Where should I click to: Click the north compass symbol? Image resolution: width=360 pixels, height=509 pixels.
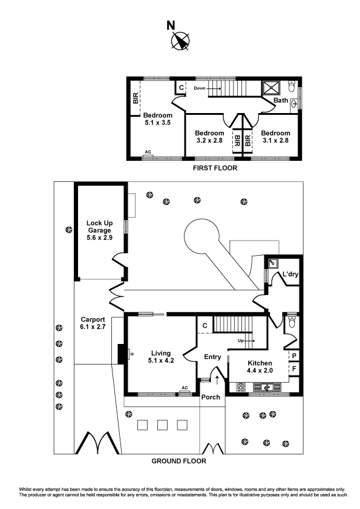[180, 41]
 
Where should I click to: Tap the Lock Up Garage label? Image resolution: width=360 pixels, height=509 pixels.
[99, 230]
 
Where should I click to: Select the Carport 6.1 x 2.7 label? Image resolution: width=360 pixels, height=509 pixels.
[93, 323]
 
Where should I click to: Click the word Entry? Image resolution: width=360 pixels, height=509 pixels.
[212, 357]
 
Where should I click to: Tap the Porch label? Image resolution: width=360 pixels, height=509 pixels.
[211, 397]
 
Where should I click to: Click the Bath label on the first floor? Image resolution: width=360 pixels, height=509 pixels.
[281, 100]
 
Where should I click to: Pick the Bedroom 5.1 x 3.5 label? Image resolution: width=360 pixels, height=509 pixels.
[157, 118]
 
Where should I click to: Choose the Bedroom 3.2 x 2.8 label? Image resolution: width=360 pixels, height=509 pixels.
[209, 137]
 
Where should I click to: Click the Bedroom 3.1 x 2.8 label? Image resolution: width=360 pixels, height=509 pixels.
[275, 137]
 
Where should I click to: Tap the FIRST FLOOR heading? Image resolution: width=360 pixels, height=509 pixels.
[214, 168]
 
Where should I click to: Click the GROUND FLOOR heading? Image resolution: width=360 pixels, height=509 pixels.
[180, 461]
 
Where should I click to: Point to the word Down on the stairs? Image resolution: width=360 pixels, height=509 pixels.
[200, 88]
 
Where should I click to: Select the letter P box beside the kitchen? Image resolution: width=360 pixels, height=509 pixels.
[294, 356]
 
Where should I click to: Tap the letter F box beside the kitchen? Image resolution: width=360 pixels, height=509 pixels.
[294, 368]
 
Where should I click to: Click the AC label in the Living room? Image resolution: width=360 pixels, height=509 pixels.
[185, 388]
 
